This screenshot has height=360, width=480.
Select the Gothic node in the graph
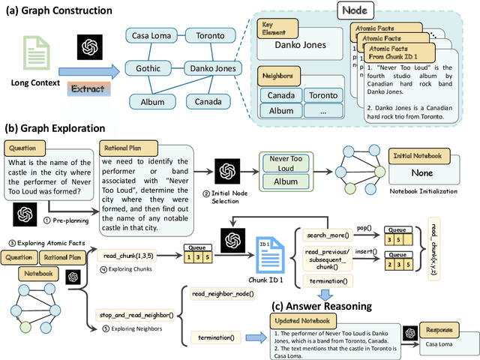[147, 68]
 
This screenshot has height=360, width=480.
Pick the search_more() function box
[323, 235]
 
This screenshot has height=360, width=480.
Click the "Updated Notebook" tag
[298, 320]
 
